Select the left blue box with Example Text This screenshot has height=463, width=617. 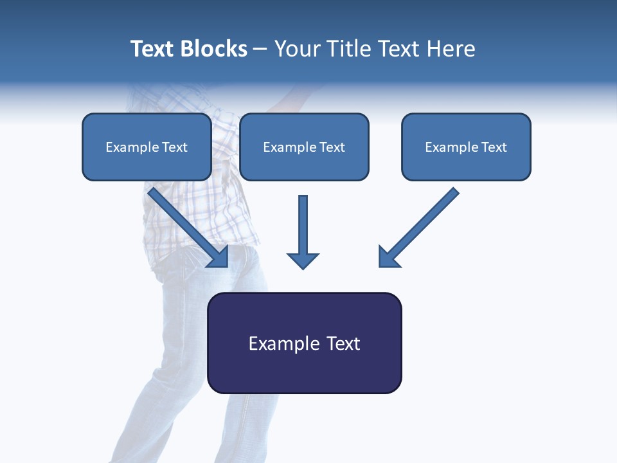pos(147,147)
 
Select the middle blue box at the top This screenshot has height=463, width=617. pos(304,147)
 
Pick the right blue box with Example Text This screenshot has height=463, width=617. pos(466,147)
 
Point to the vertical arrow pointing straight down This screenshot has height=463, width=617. pos(303,225)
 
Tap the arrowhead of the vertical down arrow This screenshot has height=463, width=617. pos(303,260)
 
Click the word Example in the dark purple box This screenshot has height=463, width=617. pos(283,343)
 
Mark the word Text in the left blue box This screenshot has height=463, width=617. pos(175,147)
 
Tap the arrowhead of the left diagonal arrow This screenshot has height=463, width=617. pos(219,258)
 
